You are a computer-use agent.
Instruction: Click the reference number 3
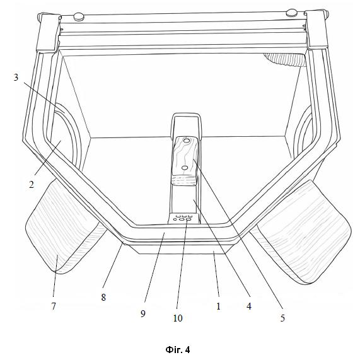tap(16, 78)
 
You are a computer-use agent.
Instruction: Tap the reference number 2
tap(32, 184)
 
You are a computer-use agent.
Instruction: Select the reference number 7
tap(54, 306)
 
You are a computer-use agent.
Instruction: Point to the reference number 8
tap(103, 298)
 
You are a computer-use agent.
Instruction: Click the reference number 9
tap(143, 313)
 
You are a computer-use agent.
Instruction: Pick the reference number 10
tap(178, 318)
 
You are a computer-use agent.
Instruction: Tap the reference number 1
tap(218, 306)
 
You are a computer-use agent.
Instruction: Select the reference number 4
tap(249, 306)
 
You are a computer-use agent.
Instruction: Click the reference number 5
tap(282, 318)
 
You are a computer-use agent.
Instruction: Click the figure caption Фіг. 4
tap(178, 350)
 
